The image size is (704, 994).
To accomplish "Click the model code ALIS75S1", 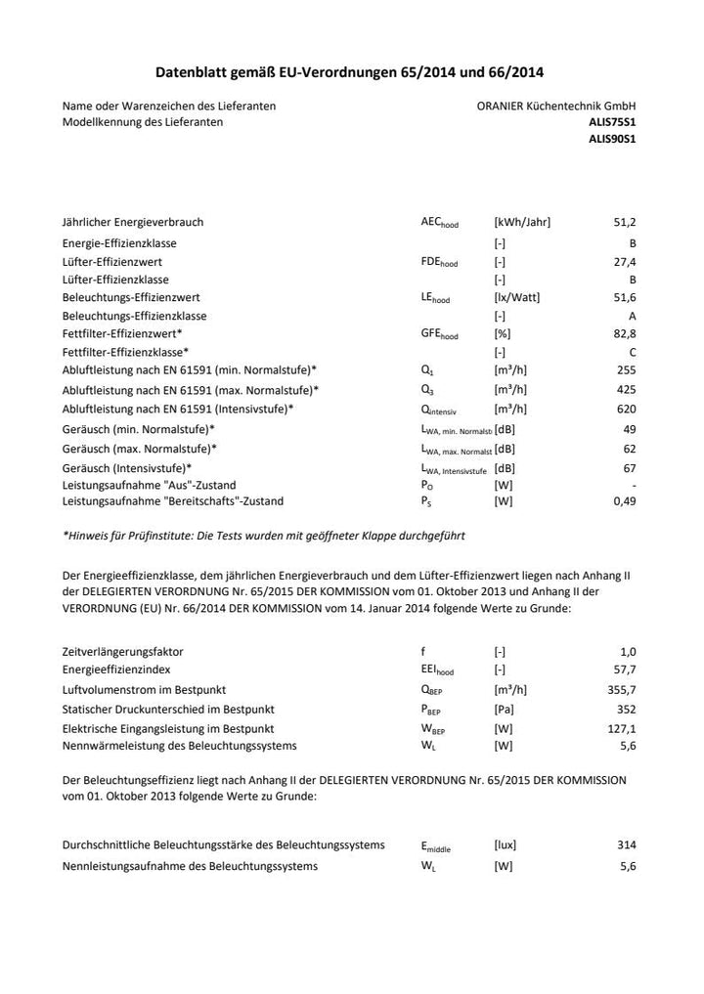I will (x=612, y=122).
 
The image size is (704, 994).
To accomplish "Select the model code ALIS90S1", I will (x=612, y=139).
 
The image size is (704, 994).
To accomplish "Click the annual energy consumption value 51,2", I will (x=625, y=223).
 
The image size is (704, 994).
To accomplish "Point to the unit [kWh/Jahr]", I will (x=522, y=223).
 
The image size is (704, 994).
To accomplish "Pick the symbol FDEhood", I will (x=438, y=262).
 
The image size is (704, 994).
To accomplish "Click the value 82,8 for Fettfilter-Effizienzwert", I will (x=625, y=334).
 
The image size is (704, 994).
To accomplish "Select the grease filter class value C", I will (x=633, y=352).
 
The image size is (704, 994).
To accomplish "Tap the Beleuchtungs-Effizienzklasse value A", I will (x=633, y=316).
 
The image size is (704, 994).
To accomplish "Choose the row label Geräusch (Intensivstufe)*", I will (x=126, y=468).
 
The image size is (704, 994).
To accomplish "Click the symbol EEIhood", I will (x=437, y=670).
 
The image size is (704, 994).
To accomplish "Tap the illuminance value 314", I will (x=627, y=845).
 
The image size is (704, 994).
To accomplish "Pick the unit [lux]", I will (x=506, y=845).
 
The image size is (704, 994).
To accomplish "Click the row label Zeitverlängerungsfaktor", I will (x=123, y=651).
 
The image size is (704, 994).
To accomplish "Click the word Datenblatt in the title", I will (x=192, y=72).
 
